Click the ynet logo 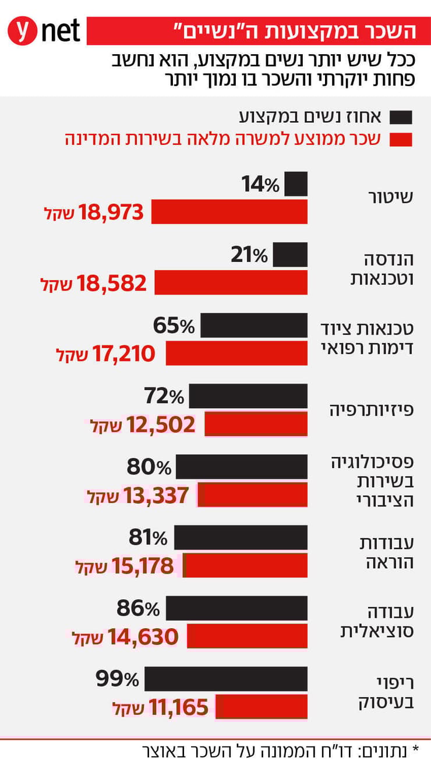tap(44, 31)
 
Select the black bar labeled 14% tap(296, 184)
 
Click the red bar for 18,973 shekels tap(229, 212)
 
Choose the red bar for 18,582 tap(231, 283)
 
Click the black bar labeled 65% tap(253, 325)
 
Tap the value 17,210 tap(124, 353)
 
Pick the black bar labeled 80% tap(241, 467)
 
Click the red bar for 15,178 tap(245, 565)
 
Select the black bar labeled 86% tap(236, 608)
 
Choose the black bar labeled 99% tap(226, 679)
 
